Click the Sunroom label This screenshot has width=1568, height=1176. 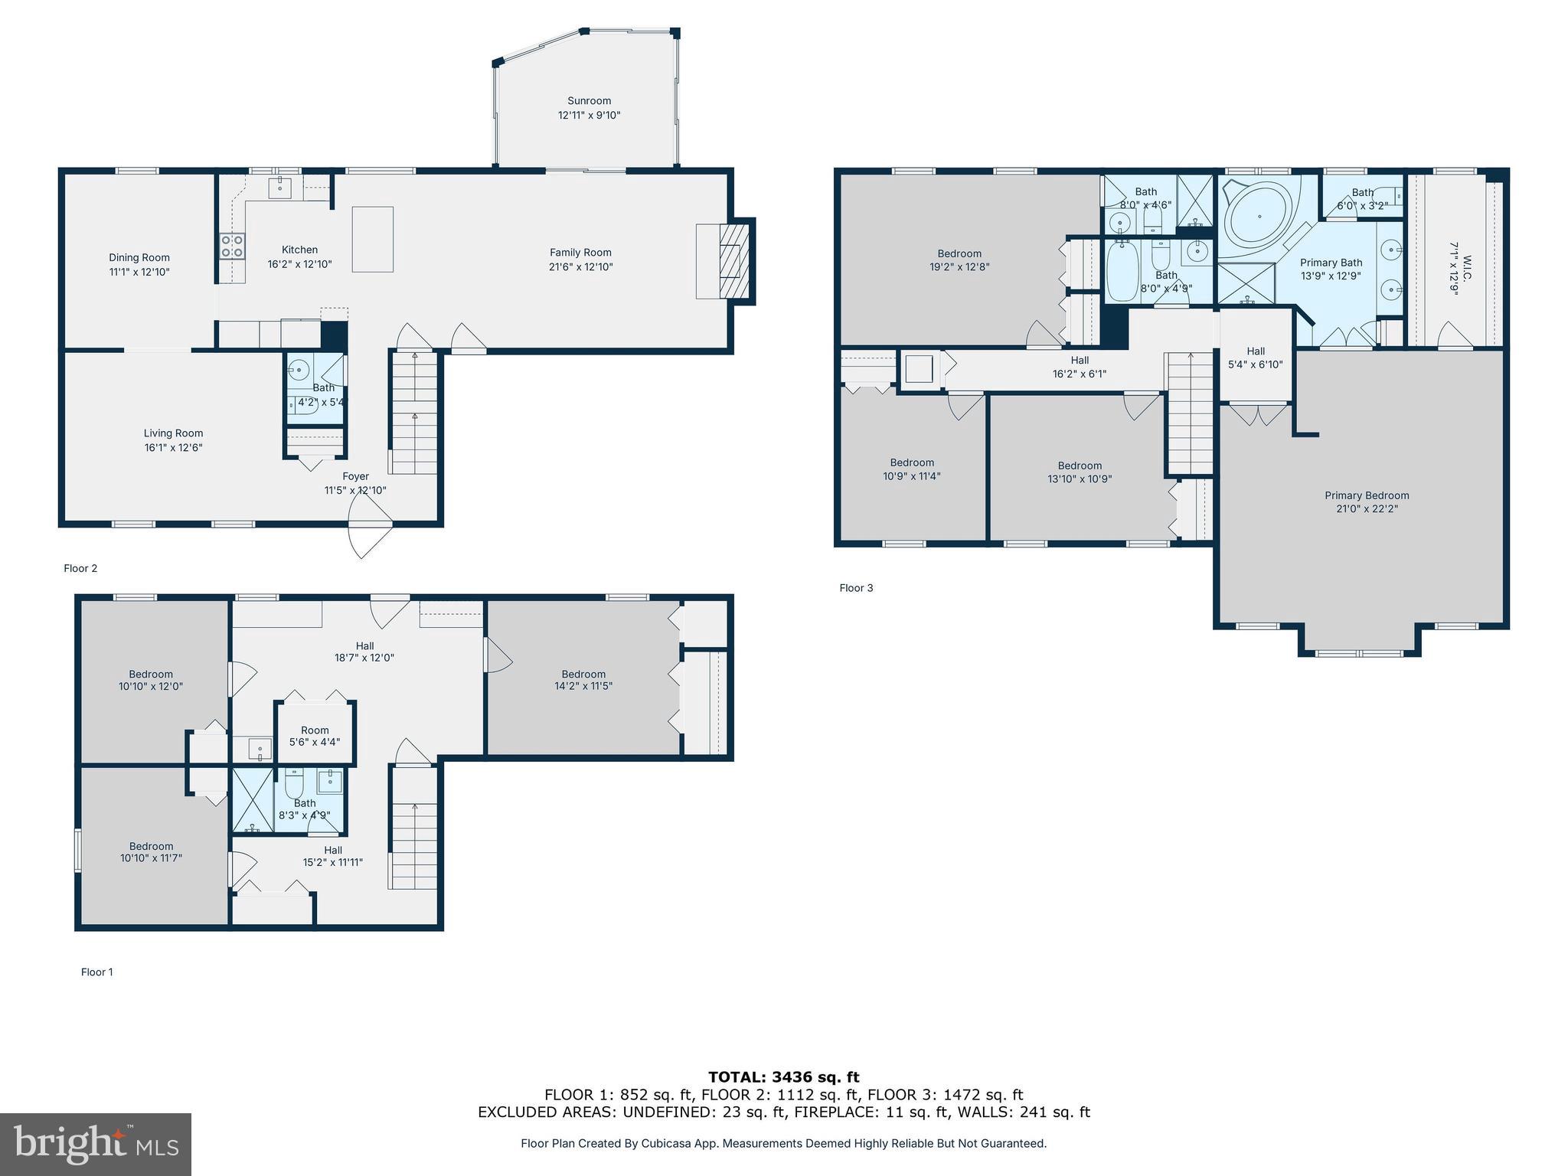(589, 101)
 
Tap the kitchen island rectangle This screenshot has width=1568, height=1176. (373, 239)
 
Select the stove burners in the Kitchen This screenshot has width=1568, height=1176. (232, 246)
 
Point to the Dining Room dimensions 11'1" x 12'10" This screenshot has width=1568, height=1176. (139, 272)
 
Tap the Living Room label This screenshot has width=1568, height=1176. (173, 433)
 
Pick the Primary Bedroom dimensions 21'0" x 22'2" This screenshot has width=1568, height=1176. (1367, 508)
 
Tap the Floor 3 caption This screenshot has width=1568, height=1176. (856, 588)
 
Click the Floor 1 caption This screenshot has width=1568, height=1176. (97, 972)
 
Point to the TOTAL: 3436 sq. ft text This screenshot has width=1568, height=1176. (783, 1077)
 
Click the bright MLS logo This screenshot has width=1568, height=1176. (96, 1145)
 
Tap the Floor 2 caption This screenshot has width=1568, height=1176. (80, 568)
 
